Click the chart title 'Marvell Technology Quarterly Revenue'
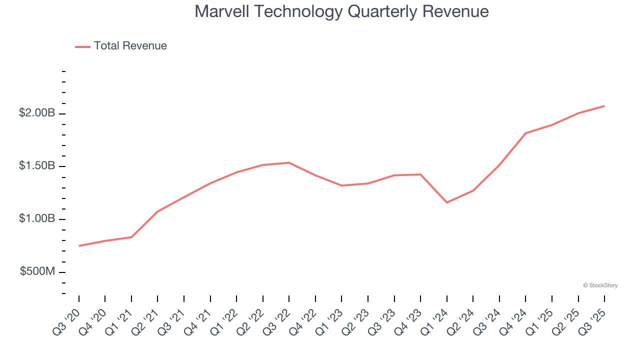point(341,11)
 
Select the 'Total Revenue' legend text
point(130,46)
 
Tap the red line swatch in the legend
point(82,46)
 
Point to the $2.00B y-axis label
point(37,113)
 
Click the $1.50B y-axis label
point(37,166)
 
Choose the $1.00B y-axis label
point(37,219)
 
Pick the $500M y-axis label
point(37,271)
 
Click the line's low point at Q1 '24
point(446,202)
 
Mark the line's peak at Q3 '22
point(289,162)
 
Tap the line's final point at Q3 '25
point(604,106)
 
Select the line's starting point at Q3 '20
point(79,246)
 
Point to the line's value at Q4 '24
point(525,133)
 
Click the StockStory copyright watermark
point(600,285)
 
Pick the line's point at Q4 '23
point(420,174)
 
